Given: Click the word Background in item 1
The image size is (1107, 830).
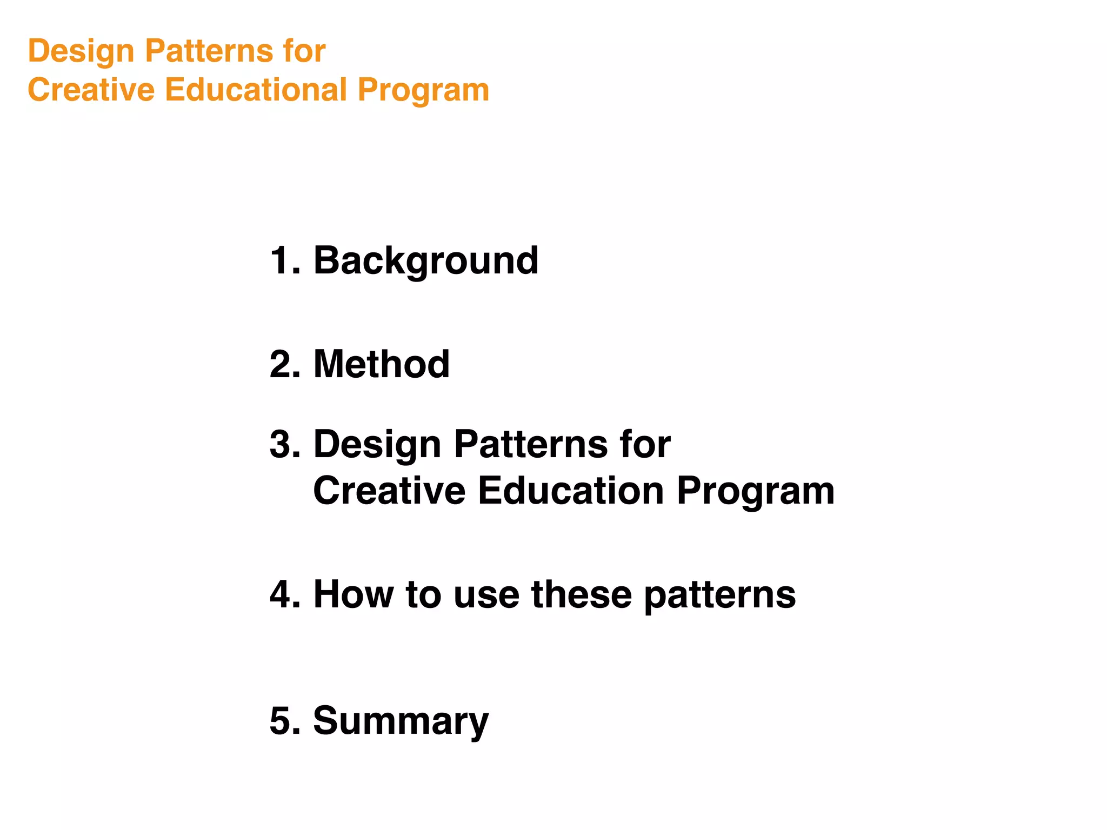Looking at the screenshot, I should (x=426, y=261).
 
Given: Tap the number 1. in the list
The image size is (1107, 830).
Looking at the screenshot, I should (x=284, y=261).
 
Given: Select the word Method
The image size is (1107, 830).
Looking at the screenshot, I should (x=382, y=364).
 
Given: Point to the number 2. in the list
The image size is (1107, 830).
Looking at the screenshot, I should (x=284, y=364).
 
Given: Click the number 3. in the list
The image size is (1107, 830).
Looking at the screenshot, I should (x=284, y=444).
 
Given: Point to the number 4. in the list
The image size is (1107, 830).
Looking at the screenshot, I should (x=284, y=594).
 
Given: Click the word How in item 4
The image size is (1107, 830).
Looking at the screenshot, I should (x=354, y=594).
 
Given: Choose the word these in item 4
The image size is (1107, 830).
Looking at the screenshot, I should (x=582, y=594).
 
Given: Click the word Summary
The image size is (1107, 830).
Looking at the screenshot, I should (x=401, y=722).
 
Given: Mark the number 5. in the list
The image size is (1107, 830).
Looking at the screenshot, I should (x=284, y=721).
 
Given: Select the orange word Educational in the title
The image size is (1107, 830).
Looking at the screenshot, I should (x=255, y=90).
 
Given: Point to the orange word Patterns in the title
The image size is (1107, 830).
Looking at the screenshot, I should (x=209, y=51).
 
